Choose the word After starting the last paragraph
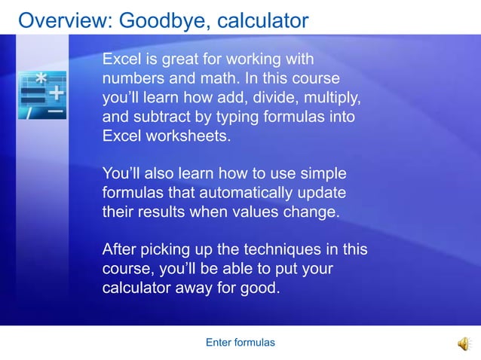[121, 249]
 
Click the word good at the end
[256, 288]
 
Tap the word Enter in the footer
[219, 343]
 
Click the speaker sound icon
[462, 343]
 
